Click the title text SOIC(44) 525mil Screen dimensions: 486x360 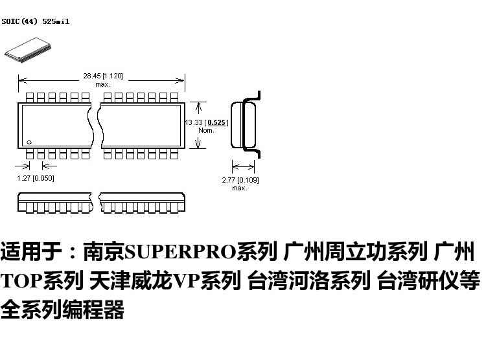36,21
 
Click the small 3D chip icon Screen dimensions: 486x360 28,50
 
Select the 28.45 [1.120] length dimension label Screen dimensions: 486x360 103,76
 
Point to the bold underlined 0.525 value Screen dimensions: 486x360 216,122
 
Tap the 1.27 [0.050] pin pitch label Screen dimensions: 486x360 36,178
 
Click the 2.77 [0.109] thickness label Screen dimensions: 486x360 240,180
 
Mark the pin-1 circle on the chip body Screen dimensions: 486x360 29,142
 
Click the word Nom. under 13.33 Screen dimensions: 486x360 206,130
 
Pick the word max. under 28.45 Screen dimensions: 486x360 103,84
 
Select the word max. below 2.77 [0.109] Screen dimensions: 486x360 240,188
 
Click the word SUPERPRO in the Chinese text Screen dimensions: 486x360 180,252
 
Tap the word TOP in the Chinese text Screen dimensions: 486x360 21,280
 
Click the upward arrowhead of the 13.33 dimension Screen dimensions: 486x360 199,107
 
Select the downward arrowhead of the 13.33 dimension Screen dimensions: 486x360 198,144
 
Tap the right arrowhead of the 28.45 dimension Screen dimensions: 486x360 179,80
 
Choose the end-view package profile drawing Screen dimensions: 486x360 246,125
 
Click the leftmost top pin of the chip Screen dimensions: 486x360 29,98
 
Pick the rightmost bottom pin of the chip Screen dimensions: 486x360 174,153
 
